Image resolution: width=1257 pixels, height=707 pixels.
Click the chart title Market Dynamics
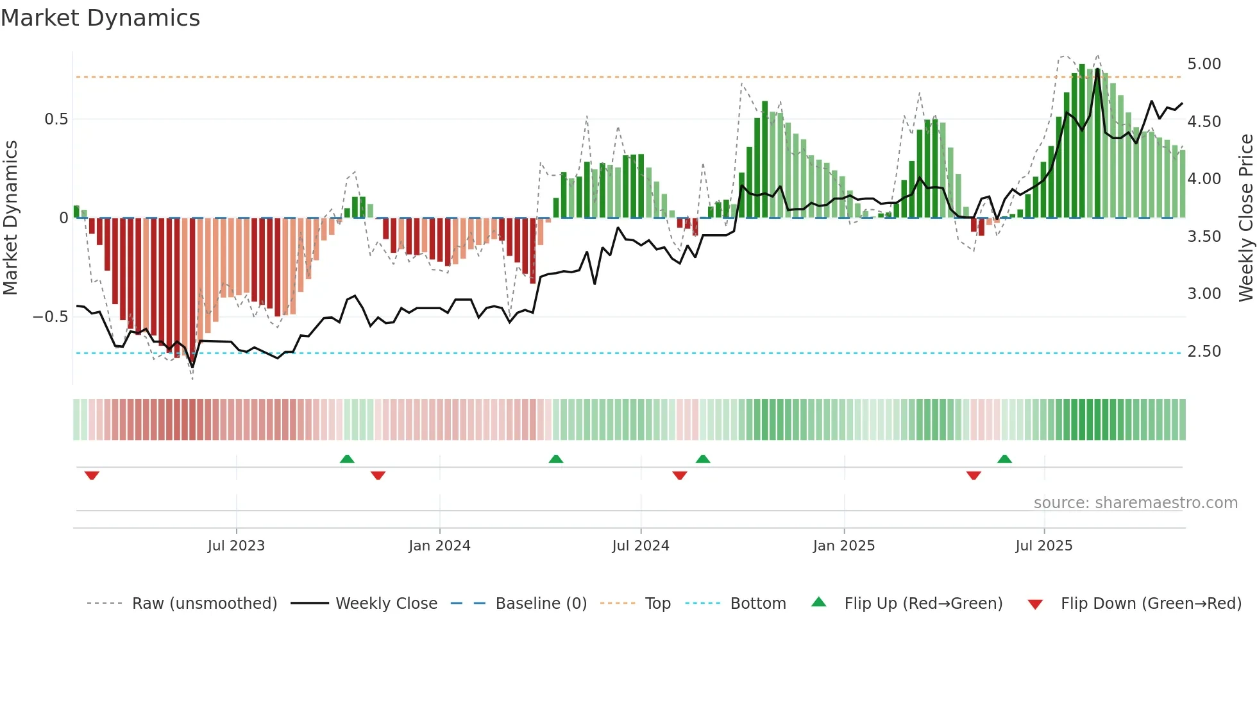click(x=100, y=18)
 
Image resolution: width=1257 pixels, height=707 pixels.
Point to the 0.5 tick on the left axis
click(x=56, y=119)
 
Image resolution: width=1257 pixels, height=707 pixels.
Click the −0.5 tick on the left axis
click(x=51, y=317)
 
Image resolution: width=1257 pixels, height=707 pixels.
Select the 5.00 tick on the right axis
click(x=1204, y=64)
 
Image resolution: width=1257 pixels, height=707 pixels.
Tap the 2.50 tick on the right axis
click(x=1204, y=352)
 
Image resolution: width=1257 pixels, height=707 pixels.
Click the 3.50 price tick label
click(x=1204, y=237)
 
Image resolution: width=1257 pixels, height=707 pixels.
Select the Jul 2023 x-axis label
click(x=236, y=546)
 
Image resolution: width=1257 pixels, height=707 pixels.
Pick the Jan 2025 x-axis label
click(x=843, y=546)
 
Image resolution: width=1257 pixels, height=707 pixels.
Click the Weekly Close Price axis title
click(x=1245, y=218)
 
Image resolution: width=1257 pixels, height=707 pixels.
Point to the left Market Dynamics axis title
click(x=10, y=218)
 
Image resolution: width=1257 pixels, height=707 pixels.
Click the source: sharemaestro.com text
click(x=1135, y=503)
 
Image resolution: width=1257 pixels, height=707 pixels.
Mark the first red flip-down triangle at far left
click(x=92, y=475)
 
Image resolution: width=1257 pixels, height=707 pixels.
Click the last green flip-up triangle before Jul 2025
click(x=1004, y=459)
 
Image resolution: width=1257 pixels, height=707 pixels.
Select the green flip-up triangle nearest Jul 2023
click(x=347, y=459)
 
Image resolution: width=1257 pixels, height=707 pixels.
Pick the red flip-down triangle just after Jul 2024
click(x=680, y=475)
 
